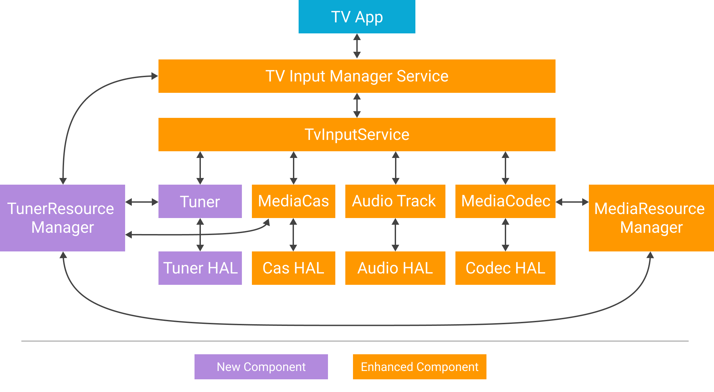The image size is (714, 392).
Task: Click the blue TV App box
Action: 357,17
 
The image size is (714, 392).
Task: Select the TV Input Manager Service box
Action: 357,76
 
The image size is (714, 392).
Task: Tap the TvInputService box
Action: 357,135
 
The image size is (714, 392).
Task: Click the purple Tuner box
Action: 200,201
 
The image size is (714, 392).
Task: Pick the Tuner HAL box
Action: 200,268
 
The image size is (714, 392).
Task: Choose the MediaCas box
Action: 293,201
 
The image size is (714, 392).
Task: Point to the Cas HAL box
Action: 293,268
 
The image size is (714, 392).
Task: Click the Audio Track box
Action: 395,201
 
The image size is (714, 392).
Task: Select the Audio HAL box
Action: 395,268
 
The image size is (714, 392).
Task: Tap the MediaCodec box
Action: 505,201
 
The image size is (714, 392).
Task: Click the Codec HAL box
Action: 505,268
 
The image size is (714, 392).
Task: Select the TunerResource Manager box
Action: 62,218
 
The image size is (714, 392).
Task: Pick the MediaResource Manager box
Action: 651,218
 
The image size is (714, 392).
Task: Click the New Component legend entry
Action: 261,367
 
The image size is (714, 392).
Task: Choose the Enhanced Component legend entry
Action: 419,367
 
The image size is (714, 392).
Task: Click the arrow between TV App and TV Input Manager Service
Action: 357,46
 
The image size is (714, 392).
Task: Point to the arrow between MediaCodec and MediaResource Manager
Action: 572,202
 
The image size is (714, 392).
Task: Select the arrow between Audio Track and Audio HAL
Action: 395,235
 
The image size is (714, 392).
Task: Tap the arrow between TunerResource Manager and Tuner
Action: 142,202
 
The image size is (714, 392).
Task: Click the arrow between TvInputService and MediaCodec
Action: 505,168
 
